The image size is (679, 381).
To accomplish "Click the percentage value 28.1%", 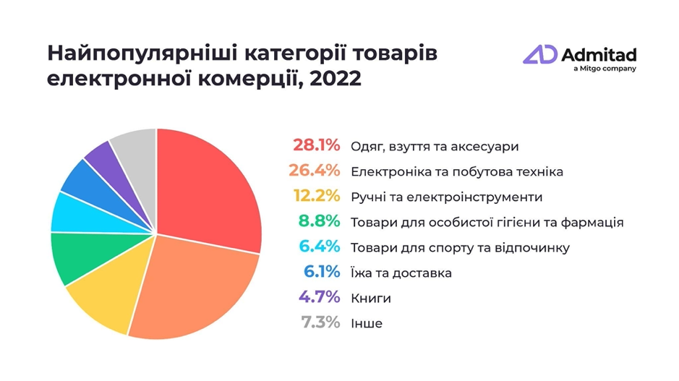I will pyautogui.click(x=316, y=145).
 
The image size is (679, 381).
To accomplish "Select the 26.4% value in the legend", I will pyautogui.click(x=316, y=171).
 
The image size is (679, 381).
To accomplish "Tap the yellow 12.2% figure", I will pyautogui.click(x=316, y=197).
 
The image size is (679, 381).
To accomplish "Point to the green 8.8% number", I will pyautogui.click(x=318, y=222).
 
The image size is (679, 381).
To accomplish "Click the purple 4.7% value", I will pyautogui.click(x=318, y=298).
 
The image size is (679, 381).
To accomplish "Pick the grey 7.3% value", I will pyautogui.click(x=318, y=323).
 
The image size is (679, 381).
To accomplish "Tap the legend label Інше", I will pyautogui.click(x=366, y=324).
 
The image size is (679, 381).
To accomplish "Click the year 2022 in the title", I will pyautogui.click(x=335, y=78).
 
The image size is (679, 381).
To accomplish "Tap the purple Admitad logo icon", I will pyautogui.click(x=540, y=55).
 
